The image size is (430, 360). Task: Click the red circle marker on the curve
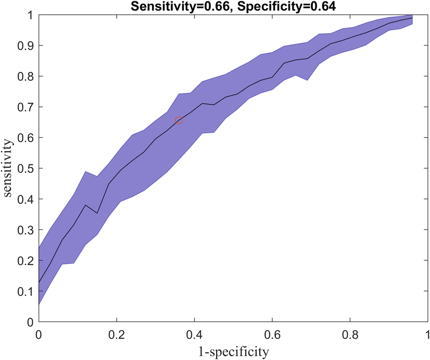179,120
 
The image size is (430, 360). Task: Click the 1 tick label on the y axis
28,15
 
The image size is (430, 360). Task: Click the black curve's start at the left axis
39,282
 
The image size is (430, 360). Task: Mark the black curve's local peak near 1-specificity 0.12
85,205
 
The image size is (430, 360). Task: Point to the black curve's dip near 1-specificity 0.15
97,213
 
